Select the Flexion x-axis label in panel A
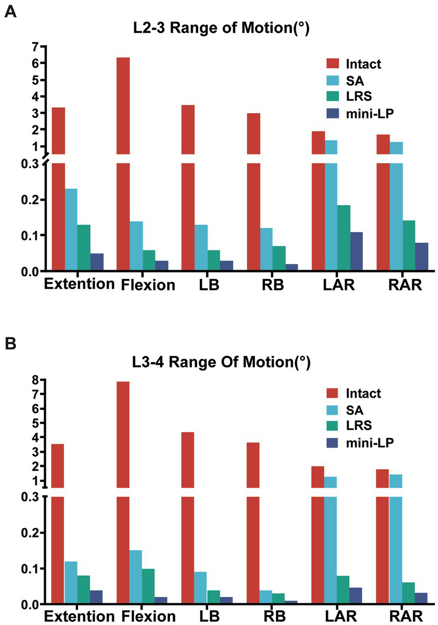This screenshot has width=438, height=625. point(149,284)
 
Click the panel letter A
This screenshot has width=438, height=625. point(10,13)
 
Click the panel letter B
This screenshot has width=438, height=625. point(10,344)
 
